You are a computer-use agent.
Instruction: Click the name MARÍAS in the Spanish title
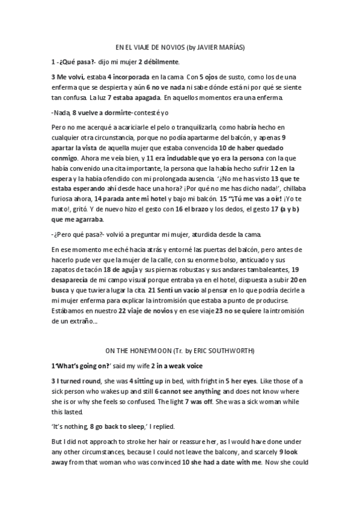pyautogui.click(x=232, y=46)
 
